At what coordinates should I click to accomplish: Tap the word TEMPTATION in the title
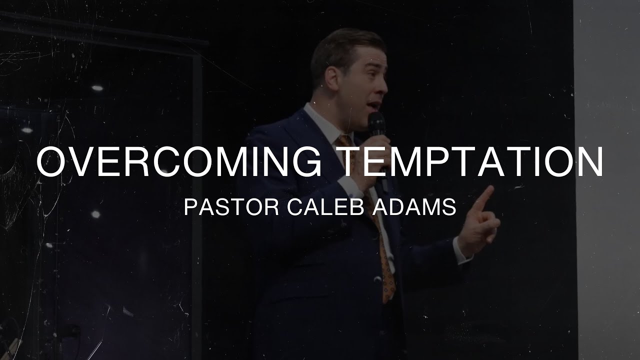pos(472,162)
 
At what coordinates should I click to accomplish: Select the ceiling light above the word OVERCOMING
pos(97,88)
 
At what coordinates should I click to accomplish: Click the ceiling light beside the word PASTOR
pos(95,214)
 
